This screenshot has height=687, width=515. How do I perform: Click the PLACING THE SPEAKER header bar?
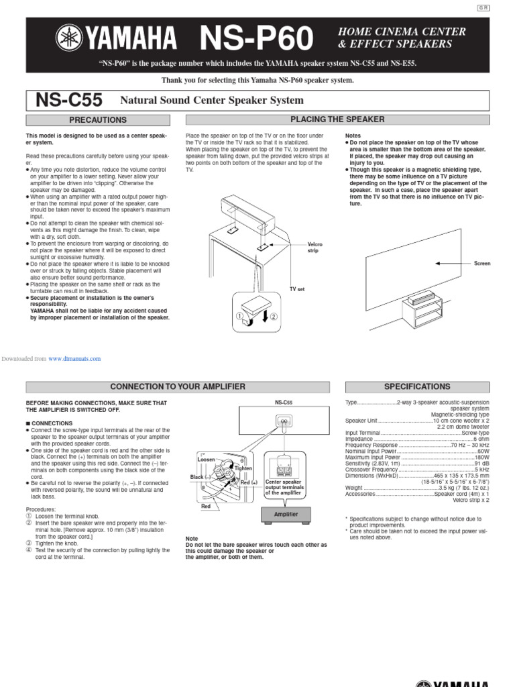click(337, 119)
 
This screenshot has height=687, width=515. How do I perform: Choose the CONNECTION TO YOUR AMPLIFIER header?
click(178, 387)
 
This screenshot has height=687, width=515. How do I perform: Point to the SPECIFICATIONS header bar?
click(416, 387)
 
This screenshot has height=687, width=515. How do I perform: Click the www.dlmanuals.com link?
click(74, 359)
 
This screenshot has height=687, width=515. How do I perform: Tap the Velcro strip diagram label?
click(314, 248)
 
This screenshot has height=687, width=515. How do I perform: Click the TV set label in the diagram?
click(297, 288)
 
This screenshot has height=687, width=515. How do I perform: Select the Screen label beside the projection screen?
click(482, 264)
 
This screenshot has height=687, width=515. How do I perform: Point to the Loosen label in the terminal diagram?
click(206, 459)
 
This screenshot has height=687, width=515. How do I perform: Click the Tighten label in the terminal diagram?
click(243, 468)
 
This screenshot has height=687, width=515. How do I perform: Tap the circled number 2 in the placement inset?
click(274, 317)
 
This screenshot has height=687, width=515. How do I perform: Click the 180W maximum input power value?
click(481, 457)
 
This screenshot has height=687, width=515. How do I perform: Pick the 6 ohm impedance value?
click(481, 439)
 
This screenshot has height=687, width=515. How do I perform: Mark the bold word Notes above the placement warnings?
click(353, 136)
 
